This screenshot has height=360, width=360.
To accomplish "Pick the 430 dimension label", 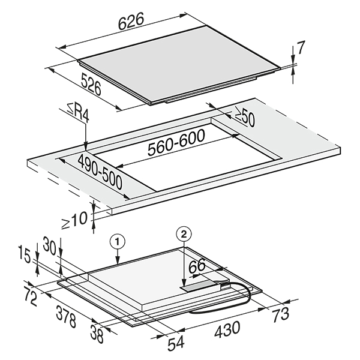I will pyautogui.click(x=227, y=328).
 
